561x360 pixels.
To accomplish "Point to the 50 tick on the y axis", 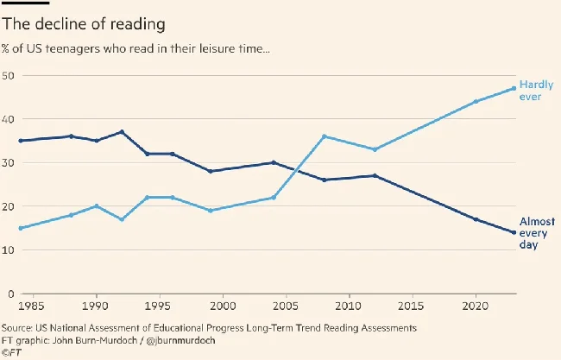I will click(8, 76).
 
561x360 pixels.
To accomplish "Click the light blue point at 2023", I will click(514, 88).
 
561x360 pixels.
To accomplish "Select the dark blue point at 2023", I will click(514, 232).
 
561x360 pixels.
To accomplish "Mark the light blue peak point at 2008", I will click(324, 136).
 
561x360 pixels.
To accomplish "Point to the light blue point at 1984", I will click(20, 228).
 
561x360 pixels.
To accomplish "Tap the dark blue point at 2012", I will click(374, 175).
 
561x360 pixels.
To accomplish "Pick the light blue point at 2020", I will click(476, 101).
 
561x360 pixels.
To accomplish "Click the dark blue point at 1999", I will click(211, 171).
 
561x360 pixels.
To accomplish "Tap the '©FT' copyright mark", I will click(11, 351).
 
